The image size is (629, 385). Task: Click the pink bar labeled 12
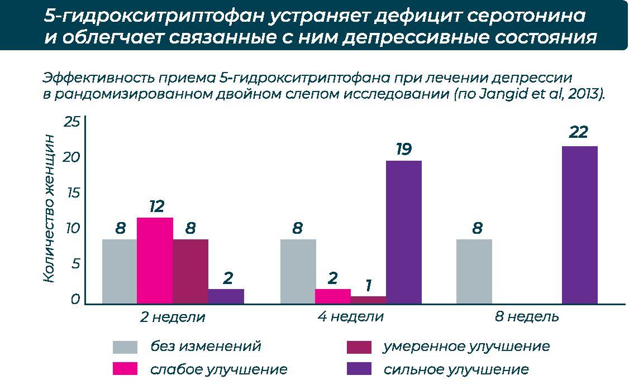click(x=155, y=261)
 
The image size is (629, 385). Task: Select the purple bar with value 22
click(x=579, y=225)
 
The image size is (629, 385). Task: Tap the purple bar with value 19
click(x=403, y=232)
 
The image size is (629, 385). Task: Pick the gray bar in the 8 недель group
click(x=474, y=272)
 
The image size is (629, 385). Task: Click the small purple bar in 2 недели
click(x=226, y=296)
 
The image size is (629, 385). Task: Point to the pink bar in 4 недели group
click(x=333, y=296)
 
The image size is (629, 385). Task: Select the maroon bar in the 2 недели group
click(x=190, y=272)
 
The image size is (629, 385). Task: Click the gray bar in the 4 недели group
click(x=298, y=272)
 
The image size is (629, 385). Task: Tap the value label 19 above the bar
click(x=403, y=150)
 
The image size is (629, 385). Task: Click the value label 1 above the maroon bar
click(x=368, y=286)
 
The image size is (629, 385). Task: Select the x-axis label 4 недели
click(x=351, y=317)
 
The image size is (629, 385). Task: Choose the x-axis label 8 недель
click(x=527, y=317)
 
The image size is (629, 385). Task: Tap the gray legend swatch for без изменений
click(x=125, y=347)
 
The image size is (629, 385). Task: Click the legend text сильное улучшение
click(x=456, y=369)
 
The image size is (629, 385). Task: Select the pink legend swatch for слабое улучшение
click(x=125, y=369)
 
